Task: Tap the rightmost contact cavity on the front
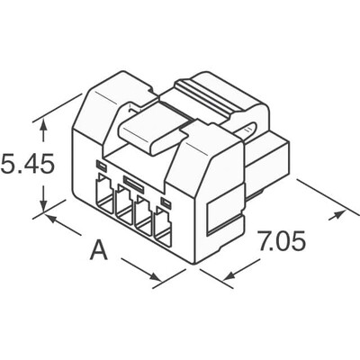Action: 165,225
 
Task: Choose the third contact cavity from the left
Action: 144,215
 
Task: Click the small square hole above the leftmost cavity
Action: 100,166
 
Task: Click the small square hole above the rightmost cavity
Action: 164,199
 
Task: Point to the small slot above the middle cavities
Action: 133,183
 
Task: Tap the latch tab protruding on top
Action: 149,136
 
